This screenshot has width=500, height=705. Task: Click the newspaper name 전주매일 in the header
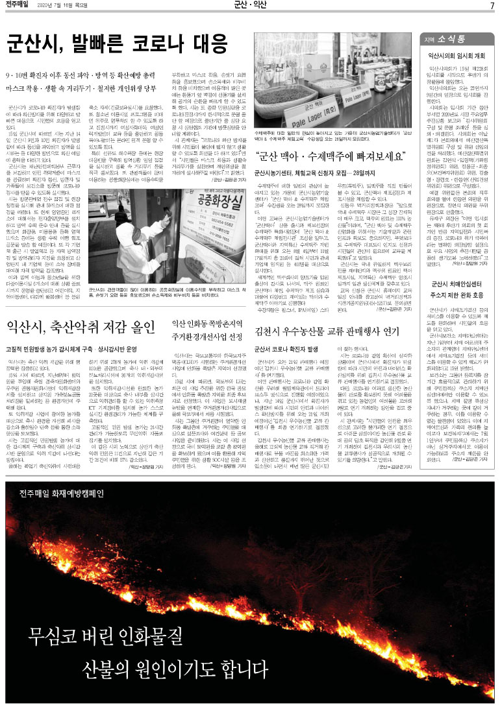(17, 6)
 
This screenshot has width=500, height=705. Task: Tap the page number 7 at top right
(492, 6)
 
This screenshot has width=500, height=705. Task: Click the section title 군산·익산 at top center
(250, 6)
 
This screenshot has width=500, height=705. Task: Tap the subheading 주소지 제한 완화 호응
(456, 276)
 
